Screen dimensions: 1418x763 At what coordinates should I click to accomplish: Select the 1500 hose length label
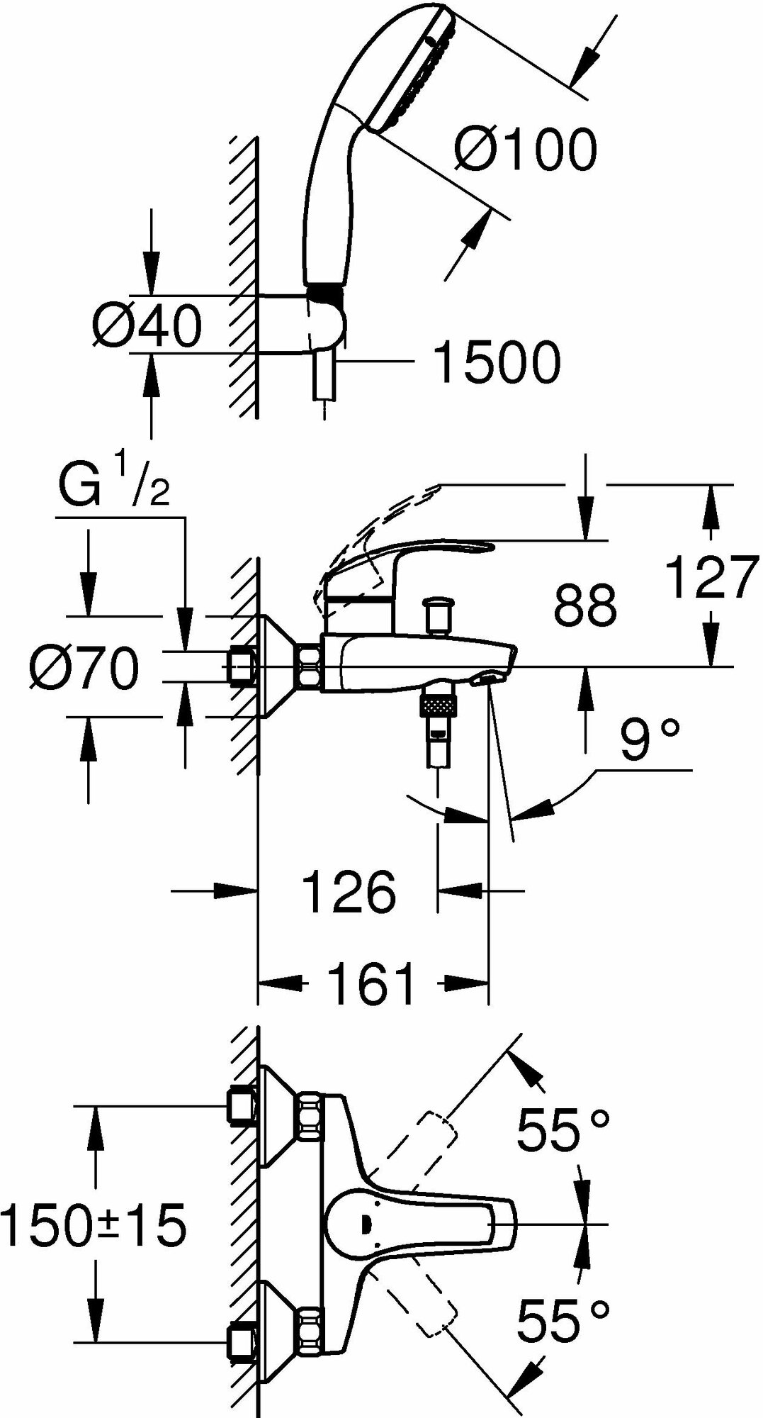point(497,362)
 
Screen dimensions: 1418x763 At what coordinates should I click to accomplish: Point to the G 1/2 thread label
point(113,484)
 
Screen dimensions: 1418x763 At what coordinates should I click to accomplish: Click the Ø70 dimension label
point(84,670)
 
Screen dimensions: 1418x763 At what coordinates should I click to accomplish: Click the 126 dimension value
point(349,892)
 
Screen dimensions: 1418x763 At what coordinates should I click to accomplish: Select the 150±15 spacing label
point(94,1225)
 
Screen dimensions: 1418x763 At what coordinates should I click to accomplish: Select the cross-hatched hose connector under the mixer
point(439,706)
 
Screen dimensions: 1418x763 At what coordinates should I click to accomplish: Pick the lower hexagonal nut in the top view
point(309,1328)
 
